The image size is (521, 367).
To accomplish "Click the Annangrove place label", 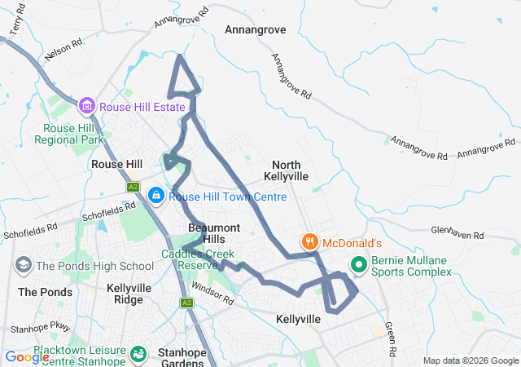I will [x=255, y=29].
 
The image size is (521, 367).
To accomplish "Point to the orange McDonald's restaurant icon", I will [x=310, y=242].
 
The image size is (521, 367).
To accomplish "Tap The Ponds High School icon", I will [x=24, y=265].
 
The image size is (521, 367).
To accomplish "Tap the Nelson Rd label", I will [x=66, y=52].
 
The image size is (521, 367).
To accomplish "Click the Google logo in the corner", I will [x=27, y=356].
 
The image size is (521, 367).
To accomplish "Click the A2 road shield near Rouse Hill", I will [x=133, y=187].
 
